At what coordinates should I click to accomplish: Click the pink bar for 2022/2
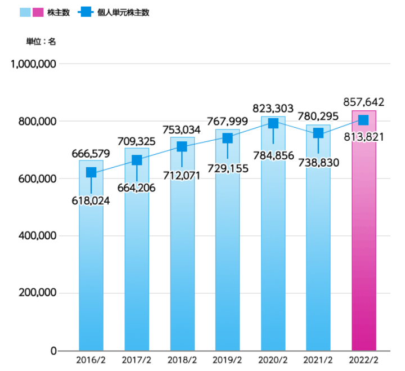pos(363,236)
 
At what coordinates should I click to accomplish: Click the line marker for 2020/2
pos(273,124)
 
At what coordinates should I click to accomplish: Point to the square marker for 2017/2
pos(137,160)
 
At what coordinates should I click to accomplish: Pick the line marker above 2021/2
pos(318,133)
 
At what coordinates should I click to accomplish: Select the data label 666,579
pos(91,154)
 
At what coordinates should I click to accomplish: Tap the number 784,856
pos(273,155)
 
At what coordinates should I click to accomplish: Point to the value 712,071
pos(182,176)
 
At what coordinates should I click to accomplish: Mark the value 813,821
pos(363,138)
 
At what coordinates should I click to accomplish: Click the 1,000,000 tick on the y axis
pos(33,64)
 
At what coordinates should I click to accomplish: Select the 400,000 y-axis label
pos(38,236)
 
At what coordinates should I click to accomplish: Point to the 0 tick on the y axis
pos(53,351)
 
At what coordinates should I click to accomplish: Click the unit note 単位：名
pos(41,41)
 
